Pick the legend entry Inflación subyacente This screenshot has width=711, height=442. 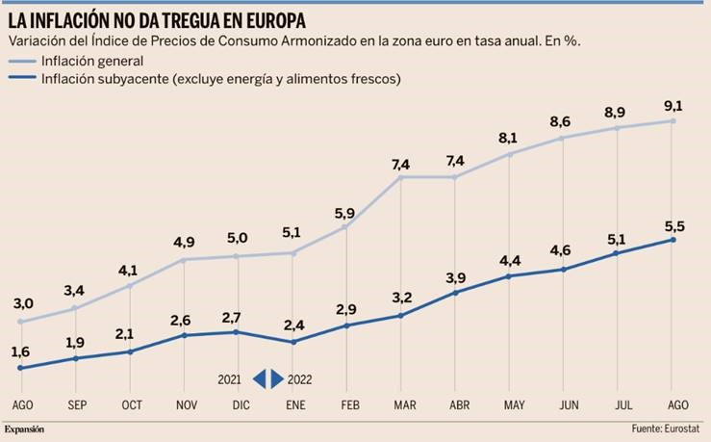[x=220, y=78]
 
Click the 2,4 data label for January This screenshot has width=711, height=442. [x=292, y=325]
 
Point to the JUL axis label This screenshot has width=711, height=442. [x=618, y=404]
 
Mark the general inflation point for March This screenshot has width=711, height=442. [x=400, y=177]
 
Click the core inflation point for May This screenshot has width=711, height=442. [x=509, y=275]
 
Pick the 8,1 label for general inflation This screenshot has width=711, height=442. [x=509, y=137]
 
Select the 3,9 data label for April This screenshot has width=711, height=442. [x=455, y=276]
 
